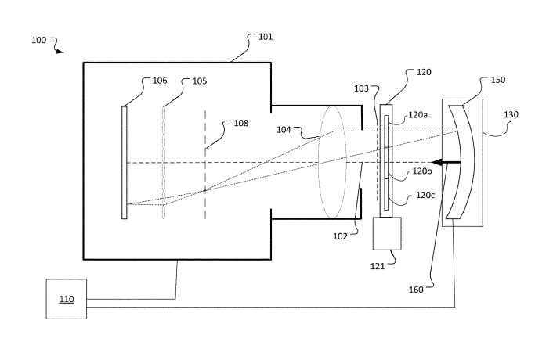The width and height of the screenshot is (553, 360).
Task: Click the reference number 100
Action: (39, 40)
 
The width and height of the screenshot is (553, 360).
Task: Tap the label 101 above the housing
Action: (266, 37)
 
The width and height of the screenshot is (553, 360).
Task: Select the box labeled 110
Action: (67, 299)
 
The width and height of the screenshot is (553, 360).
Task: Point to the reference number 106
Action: (160, 81)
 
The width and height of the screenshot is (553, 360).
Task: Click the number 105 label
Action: (200, 81)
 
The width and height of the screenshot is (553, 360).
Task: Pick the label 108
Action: (241, 123)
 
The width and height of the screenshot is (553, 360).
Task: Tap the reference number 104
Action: (284, 130)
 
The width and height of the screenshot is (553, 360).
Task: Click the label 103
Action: (361, 88)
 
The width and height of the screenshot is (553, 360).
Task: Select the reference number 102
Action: (340, 236)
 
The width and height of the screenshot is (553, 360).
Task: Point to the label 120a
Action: (418, 115)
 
